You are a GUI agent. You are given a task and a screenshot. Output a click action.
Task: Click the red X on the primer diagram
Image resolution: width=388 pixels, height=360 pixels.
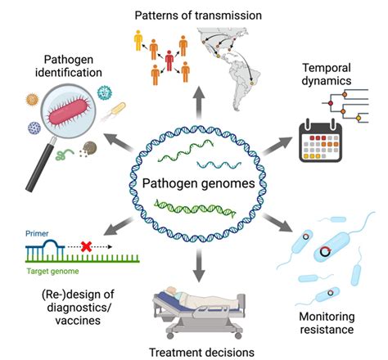(x=86, y=246)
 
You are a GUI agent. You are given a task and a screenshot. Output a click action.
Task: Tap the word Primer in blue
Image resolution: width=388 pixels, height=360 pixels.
(x=37, y=233)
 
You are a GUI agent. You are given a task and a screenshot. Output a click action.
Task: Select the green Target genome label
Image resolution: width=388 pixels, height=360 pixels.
(x=52, y=271)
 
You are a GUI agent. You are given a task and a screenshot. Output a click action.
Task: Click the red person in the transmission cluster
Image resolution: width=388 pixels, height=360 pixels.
(x=169, y=61)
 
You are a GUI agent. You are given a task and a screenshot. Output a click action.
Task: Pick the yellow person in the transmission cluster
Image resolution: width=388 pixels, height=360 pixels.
(x=138, y=40)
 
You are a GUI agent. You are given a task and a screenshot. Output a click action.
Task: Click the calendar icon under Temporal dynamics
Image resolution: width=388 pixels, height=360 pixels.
(x=320, y=141)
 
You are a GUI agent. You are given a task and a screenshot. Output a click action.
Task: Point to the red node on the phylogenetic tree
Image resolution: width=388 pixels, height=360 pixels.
(x=331, y=103)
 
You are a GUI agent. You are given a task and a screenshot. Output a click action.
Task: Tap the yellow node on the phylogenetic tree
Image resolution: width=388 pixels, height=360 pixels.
(x=359, y=118)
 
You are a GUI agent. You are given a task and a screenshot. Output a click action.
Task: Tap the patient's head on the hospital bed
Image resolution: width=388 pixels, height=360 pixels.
(x=172, y=290)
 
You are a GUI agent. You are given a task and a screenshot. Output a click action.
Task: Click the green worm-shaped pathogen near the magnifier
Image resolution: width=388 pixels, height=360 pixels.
(x=64, y=154)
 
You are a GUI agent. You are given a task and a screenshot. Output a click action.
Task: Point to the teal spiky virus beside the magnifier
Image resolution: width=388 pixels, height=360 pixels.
(x=105, y=92)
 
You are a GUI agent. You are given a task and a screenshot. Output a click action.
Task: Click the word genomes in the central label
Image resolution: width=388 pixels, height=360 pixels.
(x=228, y=183)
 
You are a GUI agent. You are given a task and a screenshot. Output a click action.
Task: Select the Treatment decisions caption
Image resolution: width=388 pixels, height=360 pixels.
(x=201, y=353)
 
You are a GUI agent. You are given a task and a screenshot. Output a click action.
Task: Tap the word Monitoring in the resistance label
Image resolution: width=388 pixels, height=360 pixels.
(x=327, y=317)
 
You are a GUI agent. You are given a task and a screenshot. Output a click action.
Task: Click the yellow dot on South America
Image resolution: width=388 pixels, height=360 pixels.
(x=252, y=83)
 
